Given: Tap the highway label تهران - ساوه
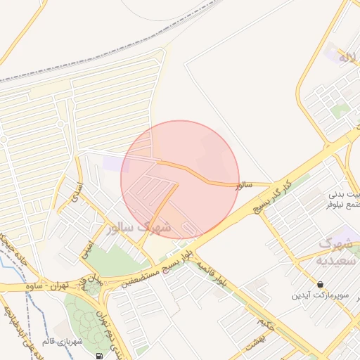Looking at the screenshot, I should (x=53, y=287).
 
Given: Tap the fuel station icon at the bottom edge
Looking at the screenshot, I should (x=98, y=356).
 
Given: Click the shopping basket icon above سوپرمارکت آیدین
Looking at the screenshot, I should (x=321, y=284).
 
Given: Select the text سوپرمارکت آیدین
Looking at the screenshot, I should (x=321, y=295).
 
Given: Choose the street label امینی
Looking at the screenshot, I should (x=86, y=247).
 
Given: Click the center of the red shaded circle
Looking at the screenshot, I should (x=180, y=179).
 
